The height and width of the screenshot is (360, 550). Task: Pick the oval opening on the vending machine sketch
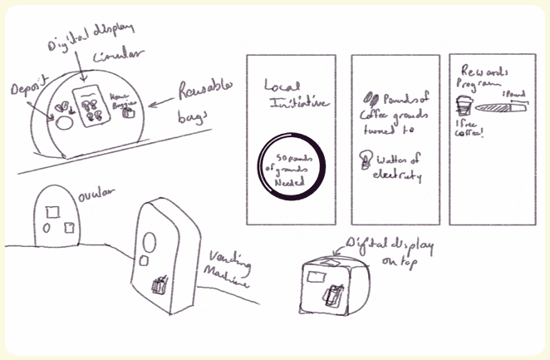tap(149, 244)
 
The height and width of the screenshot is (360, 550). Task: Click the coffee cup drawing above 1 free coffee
tap(464, 104)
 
